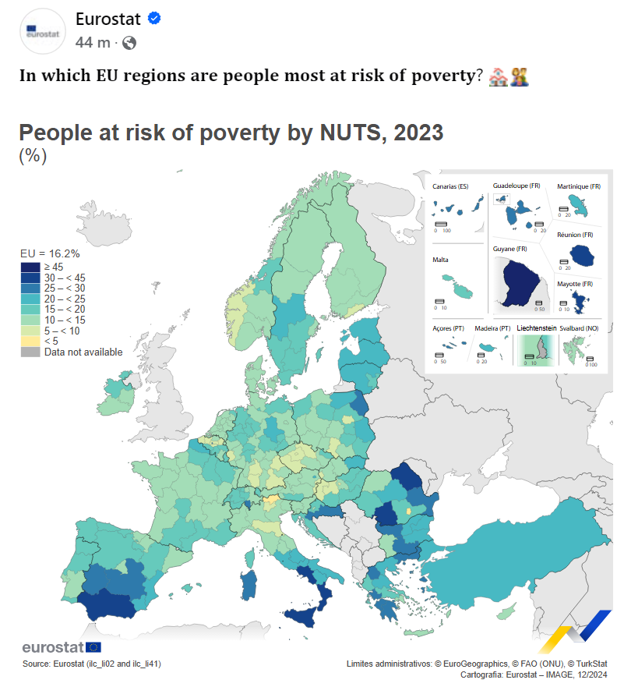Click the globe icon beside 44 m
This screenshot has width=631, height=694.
(129, 43)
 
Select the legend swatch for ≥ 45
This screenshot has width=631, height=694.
(30, 267)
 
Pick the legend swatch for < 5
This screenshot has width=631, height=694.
(30, 341)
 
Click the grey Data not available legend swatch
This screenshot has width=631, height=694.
(30, 352)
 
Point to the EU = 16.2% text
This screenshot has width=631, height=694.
(51, 253)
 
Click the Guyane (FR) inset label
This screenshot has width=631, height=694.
(510, 249)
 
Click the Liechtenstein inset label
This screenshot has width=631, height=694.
(536, 328)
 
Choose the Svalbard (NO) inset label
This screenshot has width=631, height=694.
(580, 328)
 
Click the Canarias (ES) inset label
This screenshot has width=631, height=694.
(451, 186)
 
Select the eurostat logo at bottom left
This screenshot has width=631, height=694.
(61, 647)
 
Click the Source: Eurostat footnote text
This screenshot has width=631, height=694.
(92, 664)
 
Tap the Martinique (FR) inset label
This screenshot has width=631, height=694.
(579, 186)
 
